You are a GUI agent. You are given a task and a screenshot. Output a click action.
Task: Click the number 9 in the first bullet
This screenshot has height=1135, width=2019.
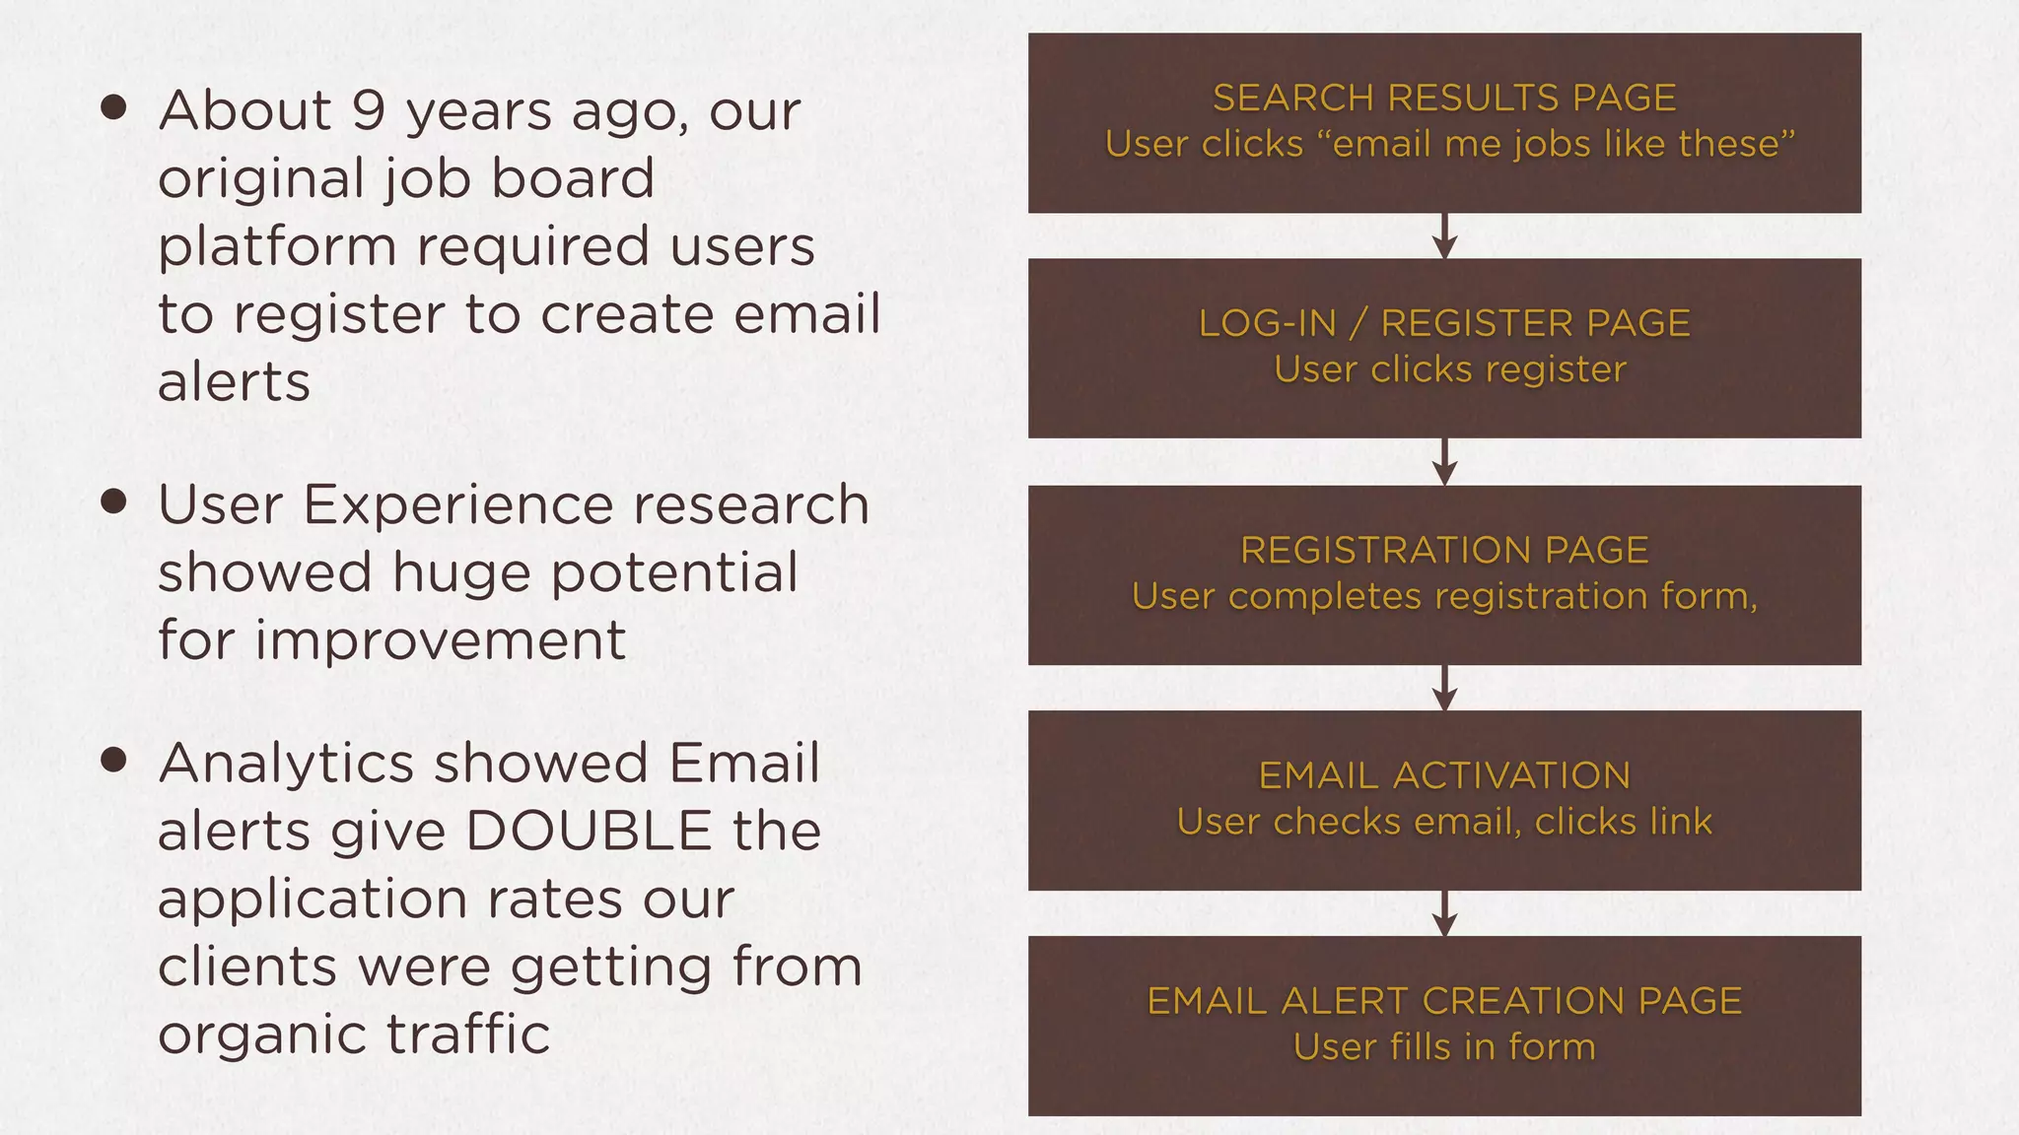(x=367, y=109)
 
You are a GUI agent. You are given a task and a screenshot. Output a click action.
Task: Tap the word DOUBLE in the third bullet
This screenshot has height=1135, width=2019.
(x=589, y=831)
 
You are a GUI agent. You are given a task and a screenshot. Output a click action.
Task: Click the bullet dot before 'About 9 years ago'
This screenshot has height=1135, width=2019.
(x=114, y=107)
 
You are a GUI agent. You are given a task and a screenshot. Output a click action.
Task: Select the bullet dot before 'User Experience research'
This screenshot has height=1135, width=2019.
(x=114, y=502)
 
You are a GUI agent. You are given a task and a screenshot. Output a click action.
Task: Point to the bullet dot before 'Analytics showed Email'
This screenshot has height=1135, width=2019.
(x=114, y=760)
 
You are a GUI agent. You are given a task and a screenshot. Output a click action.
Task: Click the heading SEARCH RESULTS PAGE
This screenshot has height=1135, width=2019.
(x=1444, y=98)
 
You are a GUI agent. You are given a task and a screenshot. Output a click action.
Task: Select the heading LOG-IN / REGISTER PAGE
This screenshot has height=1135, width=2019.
(x=1444, y=323)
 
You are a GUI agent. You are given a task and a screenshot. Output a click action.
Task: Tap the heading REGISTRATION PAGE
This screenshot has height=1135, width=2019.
(x=1444, y=550)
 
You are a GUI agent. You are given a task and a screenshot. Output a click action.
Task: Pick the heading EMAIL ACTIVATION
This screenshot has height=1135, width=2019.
(x=1444, y=775)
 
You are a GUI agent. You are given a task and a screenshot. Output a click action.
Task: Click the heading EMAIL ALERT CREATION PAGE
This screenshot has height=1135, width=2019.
(x=1444, y=1001)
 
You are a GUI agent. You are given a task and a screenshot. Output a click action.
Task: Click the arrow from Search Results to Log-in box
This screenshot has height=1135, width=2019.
(x=1444, y=236)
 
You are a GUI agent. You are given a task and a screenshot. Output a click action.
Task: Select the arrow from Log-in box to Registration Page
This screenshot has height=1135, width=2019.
(x=1444, y=462)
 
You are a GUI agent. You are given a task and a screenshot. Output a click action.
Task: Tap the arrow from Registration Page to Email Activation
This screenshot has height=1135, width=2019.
(x=1444, y=689)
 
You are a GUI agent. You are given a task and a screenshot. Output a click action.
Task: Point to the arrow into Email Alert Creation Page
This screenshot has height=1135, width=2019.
(x=1444, y=914)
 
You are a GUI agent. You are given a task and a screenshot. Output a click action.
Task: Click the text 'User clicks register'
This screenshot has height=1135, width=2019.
(x=1449, y=369)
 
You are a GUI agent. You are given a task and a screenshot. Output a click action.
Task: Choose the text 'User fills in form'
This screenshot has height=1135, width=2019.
(x=1444, y=1047)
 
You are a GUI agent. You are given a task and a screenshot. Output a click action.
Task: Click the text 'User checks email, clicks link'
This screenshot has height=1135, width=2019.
(x=1444, y=822)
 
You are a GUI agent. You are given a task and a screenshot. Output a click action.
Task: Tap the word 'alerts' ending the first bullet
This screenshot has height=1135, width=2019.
(x=235, y=382)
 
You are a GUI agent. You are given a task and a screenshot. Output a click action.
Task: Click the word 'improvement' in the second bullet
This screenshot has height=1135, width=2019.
(x=441, y=640)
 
